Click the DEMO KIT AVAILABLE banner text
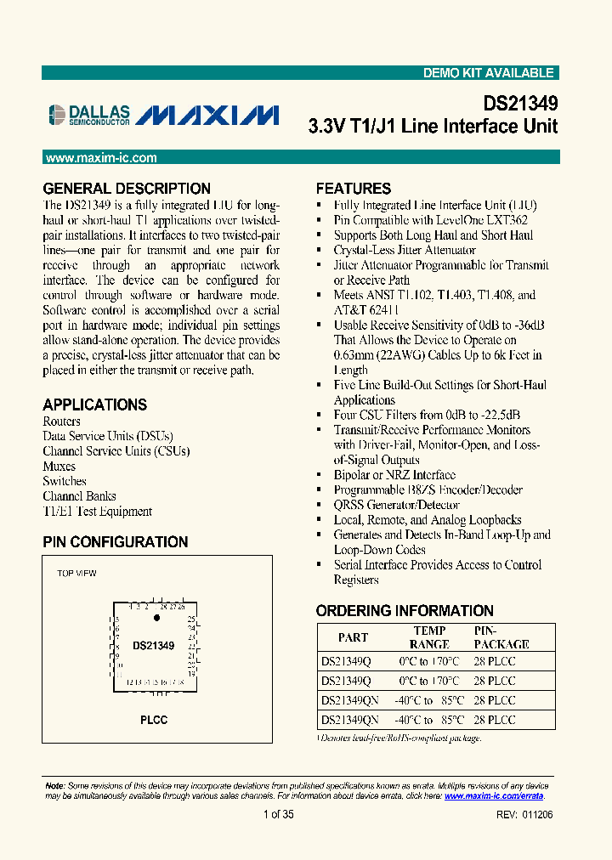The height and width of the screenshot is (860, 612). point(488,73)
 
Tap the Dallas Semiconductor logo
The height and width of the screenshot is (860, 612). point(89,115)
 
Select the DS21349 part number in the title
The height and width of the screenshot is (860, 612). point(520,104)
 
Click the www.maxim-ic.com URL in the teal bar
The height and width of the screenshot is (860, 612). point(100,158)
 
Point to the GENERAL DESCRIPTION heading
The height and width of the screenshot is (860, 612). point(127,189)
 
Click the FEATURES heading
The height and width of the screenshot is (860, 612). point(354,189)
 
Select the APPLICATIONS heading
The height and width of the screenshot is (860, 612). point(94,405)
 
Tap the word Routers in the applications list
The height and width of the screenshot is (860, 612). point(61,422)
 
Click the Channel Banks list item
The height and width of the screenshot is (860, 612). point(79,496)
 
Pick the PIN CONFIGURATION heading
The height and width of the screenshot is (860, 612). point(115,542)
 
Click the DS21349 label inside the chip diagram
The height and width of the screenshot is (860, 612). point(153,646)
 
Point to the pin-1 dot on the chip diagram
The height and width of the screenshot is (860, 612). point(156,619)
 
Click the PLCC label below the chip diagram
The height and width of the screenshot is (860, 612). point(154,720)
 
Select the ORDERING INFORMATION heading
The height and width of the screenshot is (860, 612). point(405,611)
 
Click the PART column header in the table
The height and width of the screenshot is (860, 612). point(353,637)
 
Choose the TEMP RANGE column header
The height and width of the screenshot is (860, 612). point(429,637)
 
